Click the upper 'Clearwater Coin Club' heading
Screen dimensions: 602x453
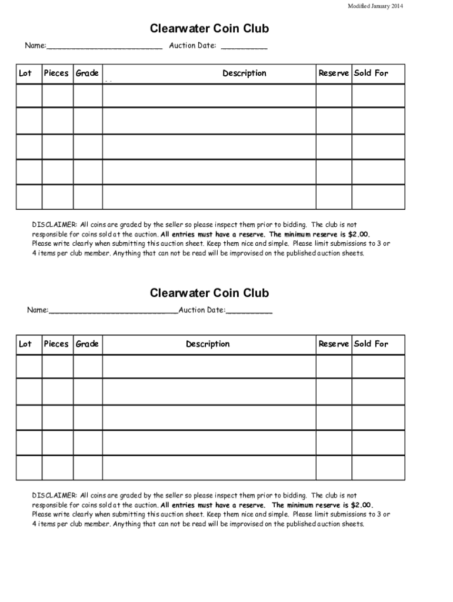pos(209,29)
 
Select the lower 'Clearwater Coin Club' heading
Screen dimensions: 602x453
pos(209,293)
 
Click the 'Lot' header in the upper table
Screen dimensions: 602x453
pos(25,73)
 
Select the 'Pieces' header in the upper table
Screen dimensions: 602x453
pos(56,73)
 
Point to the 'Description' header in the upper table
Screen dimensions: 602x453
pos(244,73)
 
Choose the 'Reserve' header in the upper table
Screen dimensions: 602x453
pos(334,73)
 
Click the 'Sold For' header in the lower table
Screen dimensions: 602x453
pos(371,344)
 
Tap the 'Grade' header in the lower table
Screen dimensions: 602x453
pos(87,344)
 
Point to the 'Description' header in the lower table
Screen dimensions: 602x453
pos(208,344)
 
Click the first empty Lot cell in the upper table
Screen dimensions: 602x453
pos(29,96)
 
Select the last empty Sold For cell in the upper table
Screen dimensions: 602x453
pos(378,198)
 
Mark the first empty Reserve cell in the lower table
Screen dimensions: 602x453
pos(334,366)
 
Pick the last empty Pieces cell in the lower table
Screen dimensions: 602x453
pos(58,468)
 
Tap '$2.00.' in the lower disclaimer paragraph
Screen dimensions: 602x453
pos(361,505)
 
